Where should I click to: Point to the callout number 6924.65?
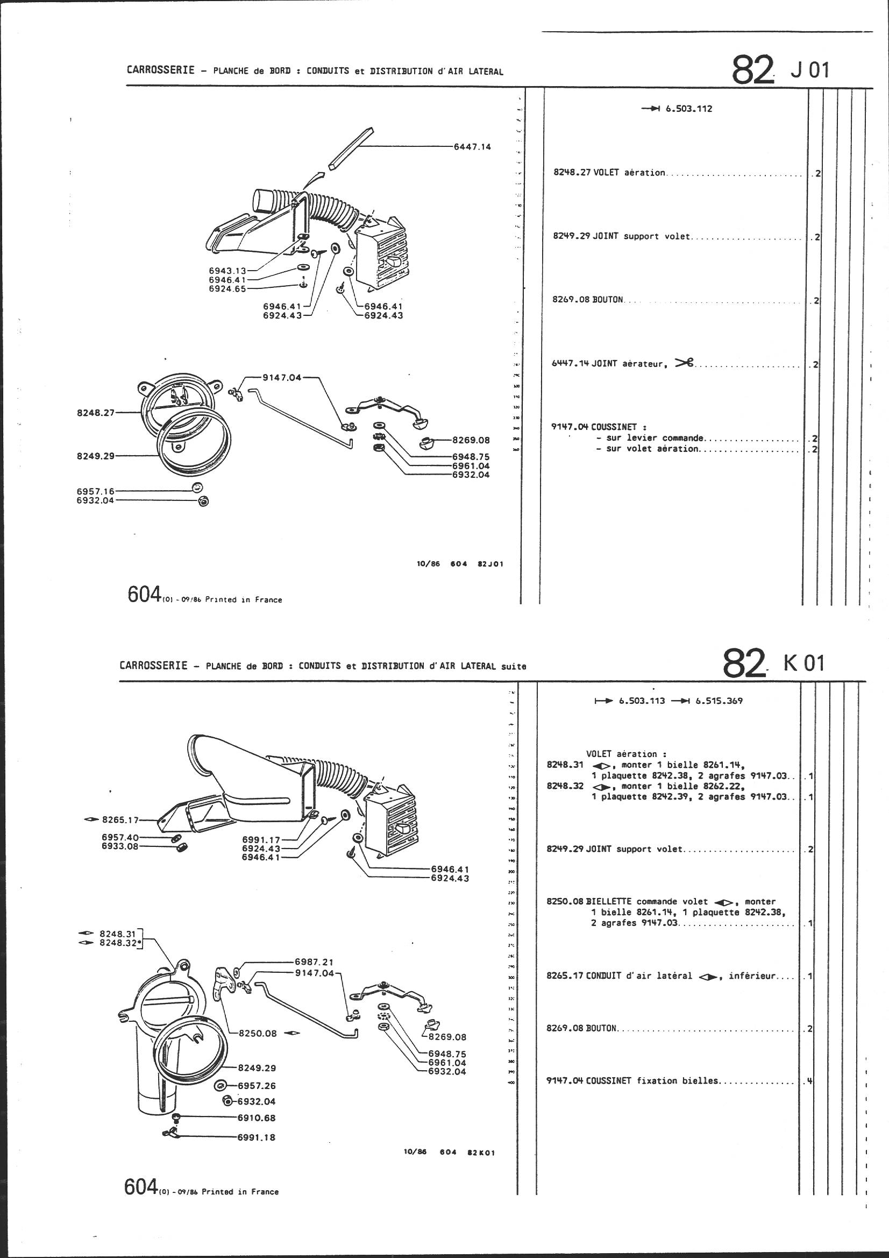tap(227, 289)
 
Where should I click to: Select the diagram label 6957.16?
tap(95, 491)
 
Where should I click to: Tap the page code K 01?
tap(803, 663)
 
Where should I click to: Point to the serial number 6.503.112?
tap(688, 109)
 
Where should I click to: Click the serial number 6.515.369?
tap(719, 701)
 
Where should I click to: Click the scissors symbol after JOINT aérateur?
tap(684, 362)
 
